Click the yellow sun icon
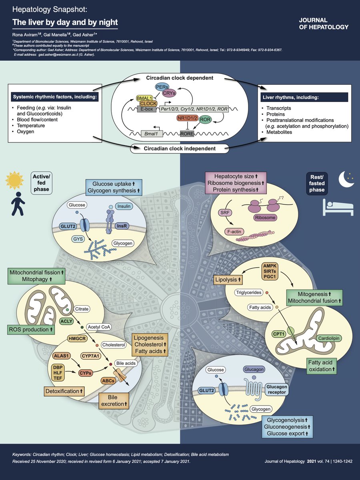14,180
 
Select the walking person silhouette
18,204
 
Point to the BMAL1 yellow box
144,98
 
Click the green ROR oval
205,119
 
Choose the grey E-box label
146,109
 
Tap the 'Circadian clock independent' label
180,149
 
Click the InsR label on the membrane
122,226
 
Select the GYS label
78,239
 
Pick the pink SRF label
225,212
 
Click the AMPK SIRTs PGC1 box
270,271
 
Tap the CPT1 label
279,334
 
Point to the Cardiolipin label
328,338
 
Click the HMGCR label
77,339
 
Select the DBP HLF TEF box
58,373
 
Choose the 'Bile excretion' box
114,401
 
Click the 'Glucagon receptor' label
277,390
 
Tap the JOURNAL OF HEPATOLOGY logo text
324,24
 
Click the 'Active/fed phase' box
41,183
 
